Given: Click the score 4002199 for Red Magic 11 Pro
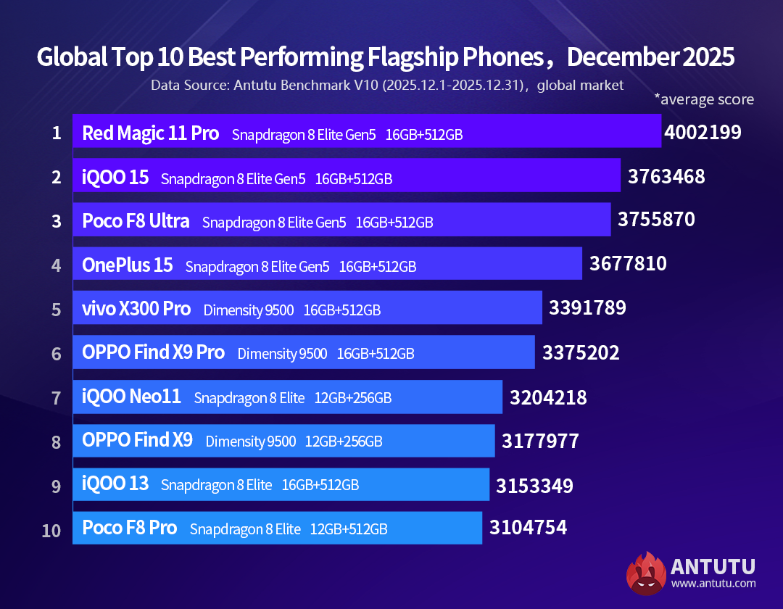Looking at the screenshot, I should point(703,132).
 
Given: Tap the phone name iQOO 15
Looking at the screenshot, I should point(115,177).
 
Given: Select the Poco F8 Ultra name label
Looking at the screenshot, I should point(136,221).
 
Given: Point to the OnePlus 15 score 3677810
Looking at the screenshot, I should point(628,263).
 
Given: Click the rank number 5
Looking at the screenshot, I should point(56,310).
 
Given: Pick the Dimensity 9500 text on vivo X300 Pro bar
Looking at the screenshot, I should point(249,310).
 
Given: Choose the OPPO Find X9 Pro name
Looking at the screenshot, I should point(153,353).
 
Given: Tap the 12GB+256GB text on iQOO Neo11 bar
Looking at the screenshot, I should point(353,398).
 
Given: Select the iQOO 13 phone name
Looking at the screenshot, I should point(115,484).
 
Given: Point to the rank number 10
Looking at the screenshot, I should point(51,530).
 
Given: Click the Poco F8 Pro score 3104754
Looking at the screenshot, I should point(528,527).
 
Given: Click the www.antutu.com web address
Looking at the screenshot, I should point(713,583).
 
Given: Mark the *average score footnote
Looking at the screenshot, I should point(704,99).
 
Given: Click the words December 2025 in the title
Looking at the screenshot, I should point(651,57).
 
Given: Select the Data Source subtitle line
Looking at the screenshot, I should point(387,85).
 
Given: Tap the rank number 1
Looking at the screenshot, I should point(56,133).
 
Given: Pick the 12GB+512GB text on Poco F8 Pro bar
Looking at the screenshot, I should point(349,529).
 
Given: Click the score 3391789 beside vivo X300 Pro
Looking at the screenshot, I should point(587,307).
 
